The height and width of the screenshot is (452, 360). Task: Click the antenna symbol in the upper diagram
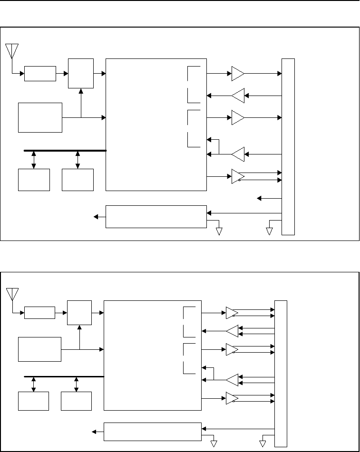click(11, 50)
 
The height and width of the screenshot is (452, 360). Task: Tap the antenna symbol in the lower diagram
click(12, 293)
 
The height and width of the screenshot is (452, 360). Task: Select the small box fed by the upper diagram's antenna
click(40, 74)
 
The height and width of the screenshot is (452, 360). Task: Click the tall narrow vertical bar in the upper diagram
click(288, 146)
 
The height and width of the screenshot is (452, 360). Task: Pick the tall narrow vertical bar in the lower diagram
click(281, 374)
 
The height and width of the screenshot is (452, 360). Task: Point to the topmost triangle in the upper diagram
click(237, 74)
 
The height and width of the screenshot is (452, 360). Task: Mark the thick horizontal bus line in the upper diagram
click(65, 150)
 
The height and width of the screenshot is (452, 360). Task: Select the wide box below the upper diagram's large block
click(156, 217)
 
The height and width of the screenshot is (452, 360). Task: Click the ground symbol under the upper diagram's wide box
click(219, 231)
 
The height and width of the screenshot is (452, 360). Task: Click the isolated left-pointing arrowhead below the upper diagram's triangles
click(259, 198)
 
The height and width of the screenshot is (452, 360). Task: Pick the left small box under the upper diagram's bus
click(34, 180)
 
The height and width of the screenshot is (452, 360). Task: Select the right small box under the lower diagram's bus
click(76, 401)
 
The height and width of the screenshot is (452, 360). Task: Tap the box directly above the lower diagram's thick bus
click(39, 349)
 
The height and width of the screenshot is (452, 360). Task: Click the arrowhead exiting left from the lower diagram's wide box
click(95, 432)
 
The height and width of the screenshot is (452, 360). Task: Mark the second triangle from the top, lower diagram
click(232, 331)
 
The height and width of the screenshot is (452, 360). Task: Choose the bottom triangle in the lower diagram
click(232, 398)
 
